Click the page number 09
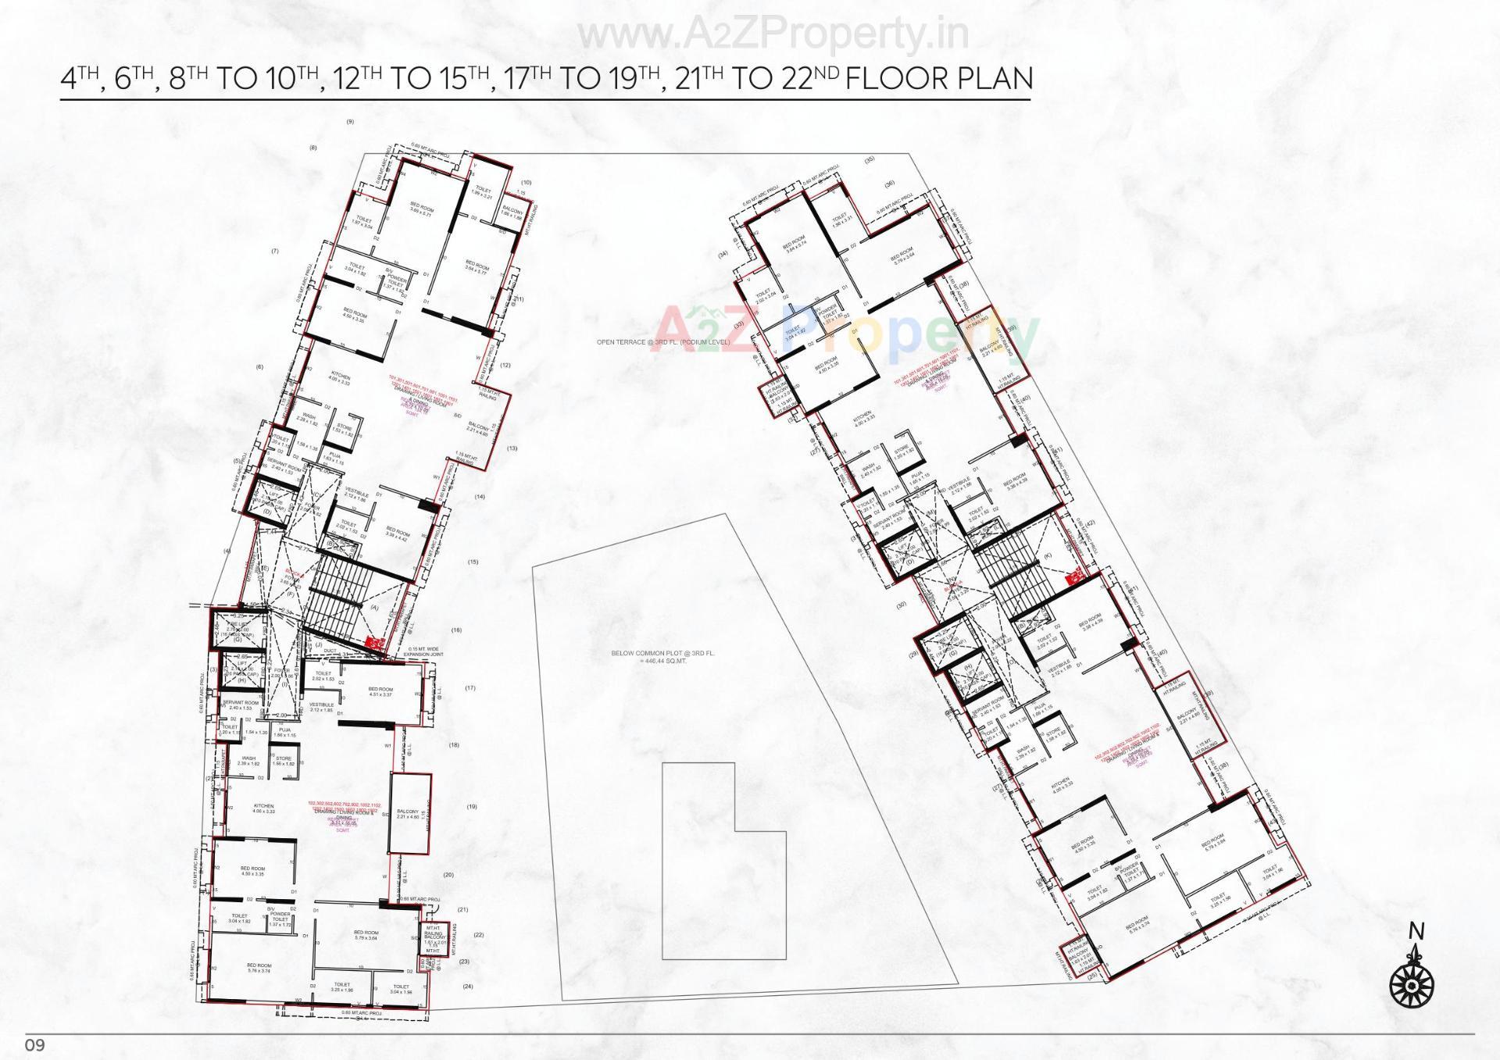(36, 1045)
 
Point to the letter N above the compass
(1416, 931)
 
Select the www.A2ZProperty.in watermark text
(774, 34)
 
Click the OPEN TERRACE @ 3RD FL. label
(662, 342)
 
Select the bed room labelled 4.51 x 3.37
(380, 692)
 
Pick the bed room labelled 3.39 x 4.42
(398, 535)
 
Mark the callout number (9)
(350, 122)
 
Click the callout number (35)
(870, 160)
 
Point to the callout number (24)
(467, 986)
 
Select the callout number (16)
(456, 630)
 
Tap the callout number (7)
(275, 252)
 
